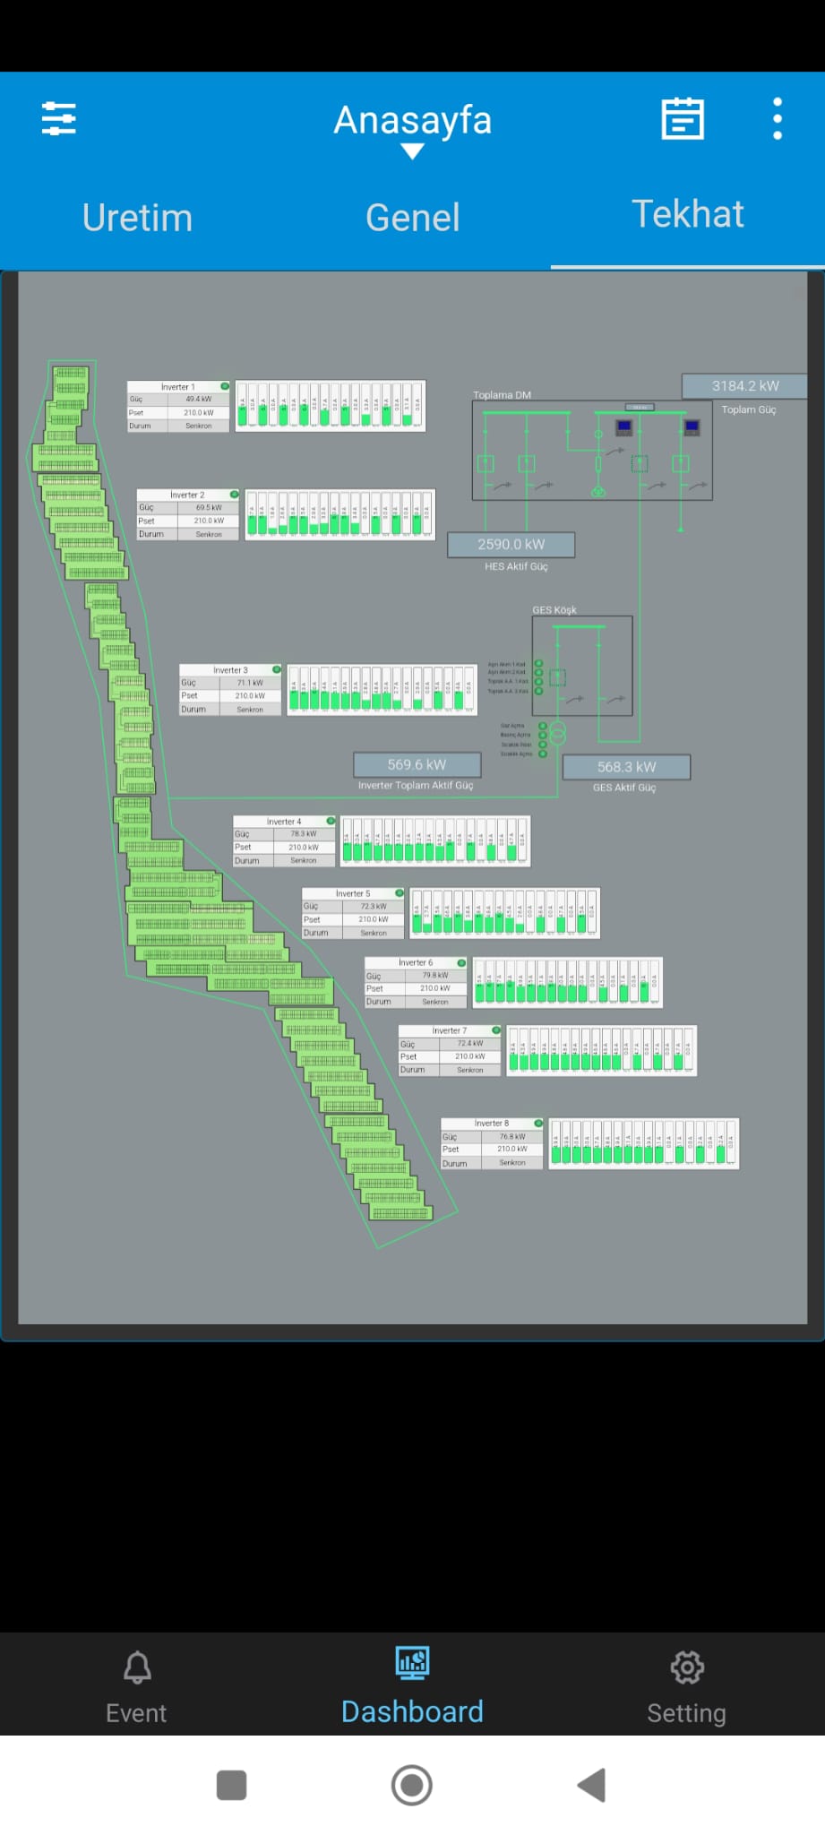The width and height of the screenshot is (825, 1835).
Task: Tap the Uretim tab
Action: point(137,218)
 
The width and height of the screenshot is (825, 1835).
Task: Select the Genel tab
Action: point(412,218)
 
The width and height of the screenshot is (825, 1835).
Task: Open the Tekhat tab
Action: point(687,214)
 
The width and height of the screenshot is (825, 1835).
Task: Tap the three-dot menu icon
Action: point(777,119)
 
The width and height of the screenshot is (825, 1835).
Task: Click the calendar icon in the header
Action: point(683,119)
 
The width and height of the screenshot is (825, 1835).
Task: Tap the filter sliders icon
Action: point(59,118)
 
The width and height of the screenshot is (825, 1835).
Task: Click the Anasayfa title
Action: point(412,120)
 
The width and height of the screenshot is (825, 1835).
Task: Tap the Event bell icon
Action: point(137,1667)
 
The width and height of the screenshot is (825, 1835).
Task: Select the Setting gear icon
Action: point(687,1667)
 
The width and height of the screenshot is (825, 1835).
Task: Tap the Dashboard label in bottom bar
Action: point(412,1711)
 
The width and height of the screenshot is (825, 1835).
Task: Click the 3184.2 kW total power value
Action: point(744,386)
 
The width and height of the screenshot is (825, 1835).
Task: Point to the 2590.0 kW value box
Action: point(511,545)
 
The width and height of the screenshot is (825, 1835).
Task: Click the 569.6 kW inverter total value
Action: point(417,765)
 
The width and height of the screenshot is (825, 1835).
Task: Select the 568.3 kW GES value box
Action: point(626,767)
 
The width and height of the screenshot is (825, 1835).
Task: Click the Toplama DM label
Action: point(502,395)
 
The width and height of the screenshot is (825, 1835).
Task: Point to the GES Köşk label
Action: point(554,610)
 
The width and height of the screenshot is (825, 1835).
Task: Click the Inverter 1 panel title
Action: point(177,387)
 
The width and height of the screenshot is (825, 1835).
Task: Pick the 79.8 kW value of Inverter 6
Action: point(435,976)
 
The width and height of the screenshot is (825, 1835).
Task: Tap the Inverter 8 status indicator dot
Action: point(538,1123)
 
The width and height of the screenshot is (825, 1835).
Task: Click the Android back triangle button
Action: point(592,1785)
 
